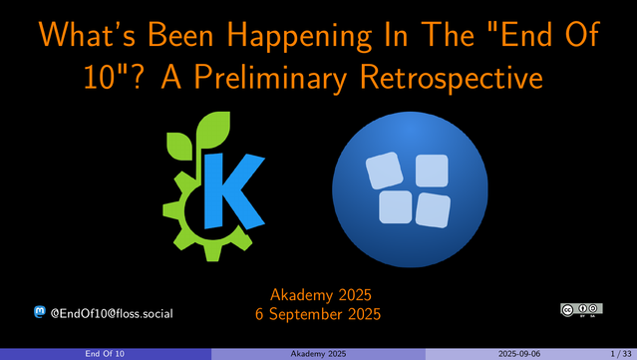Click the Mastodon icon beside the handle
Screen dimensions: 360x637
click(40, 313)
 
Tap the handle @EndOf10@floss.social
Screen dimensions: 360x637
click(112, 313)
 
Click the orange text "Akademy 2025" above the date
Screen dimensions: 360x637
click(318, 295)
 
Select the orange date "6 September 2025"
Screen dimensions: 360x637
click(318, 314)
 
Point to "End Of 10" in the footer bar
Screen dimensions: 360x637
click(105, 354)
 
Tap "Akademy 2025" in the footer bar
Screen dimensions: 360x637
click(318, 354)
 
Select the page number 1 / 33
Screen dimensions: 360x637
click(614, 354)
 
